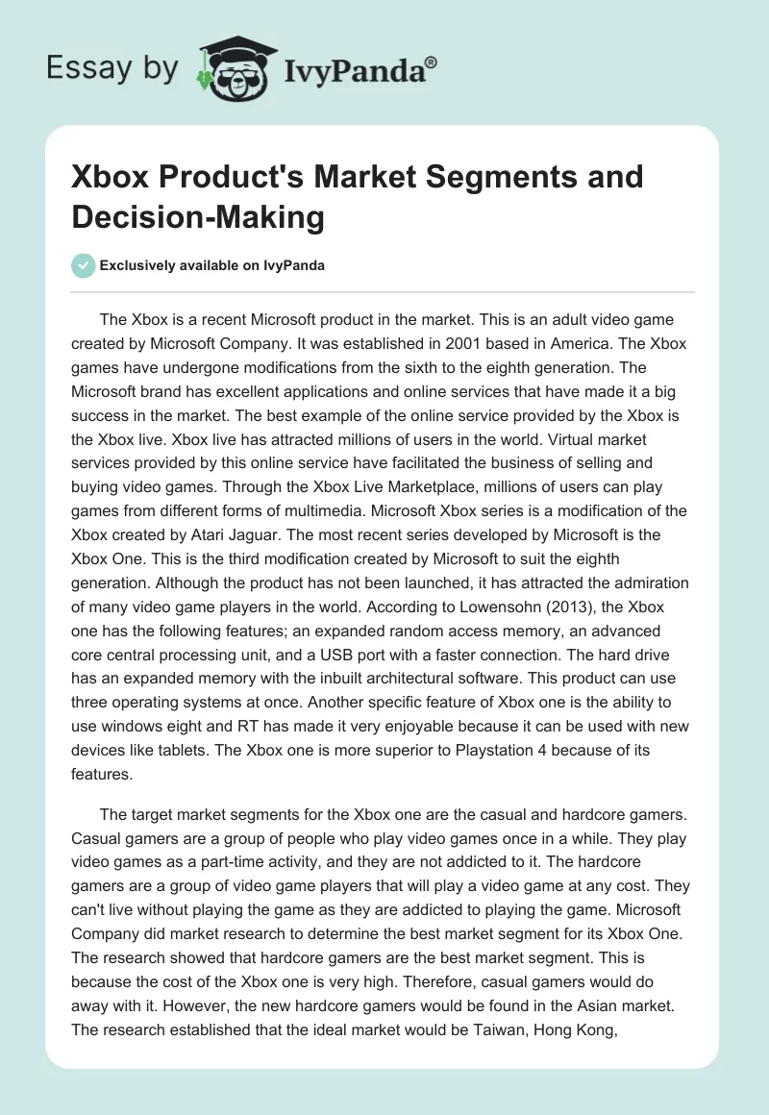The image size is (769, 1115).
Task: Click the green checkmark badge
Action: click(85, 265)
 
